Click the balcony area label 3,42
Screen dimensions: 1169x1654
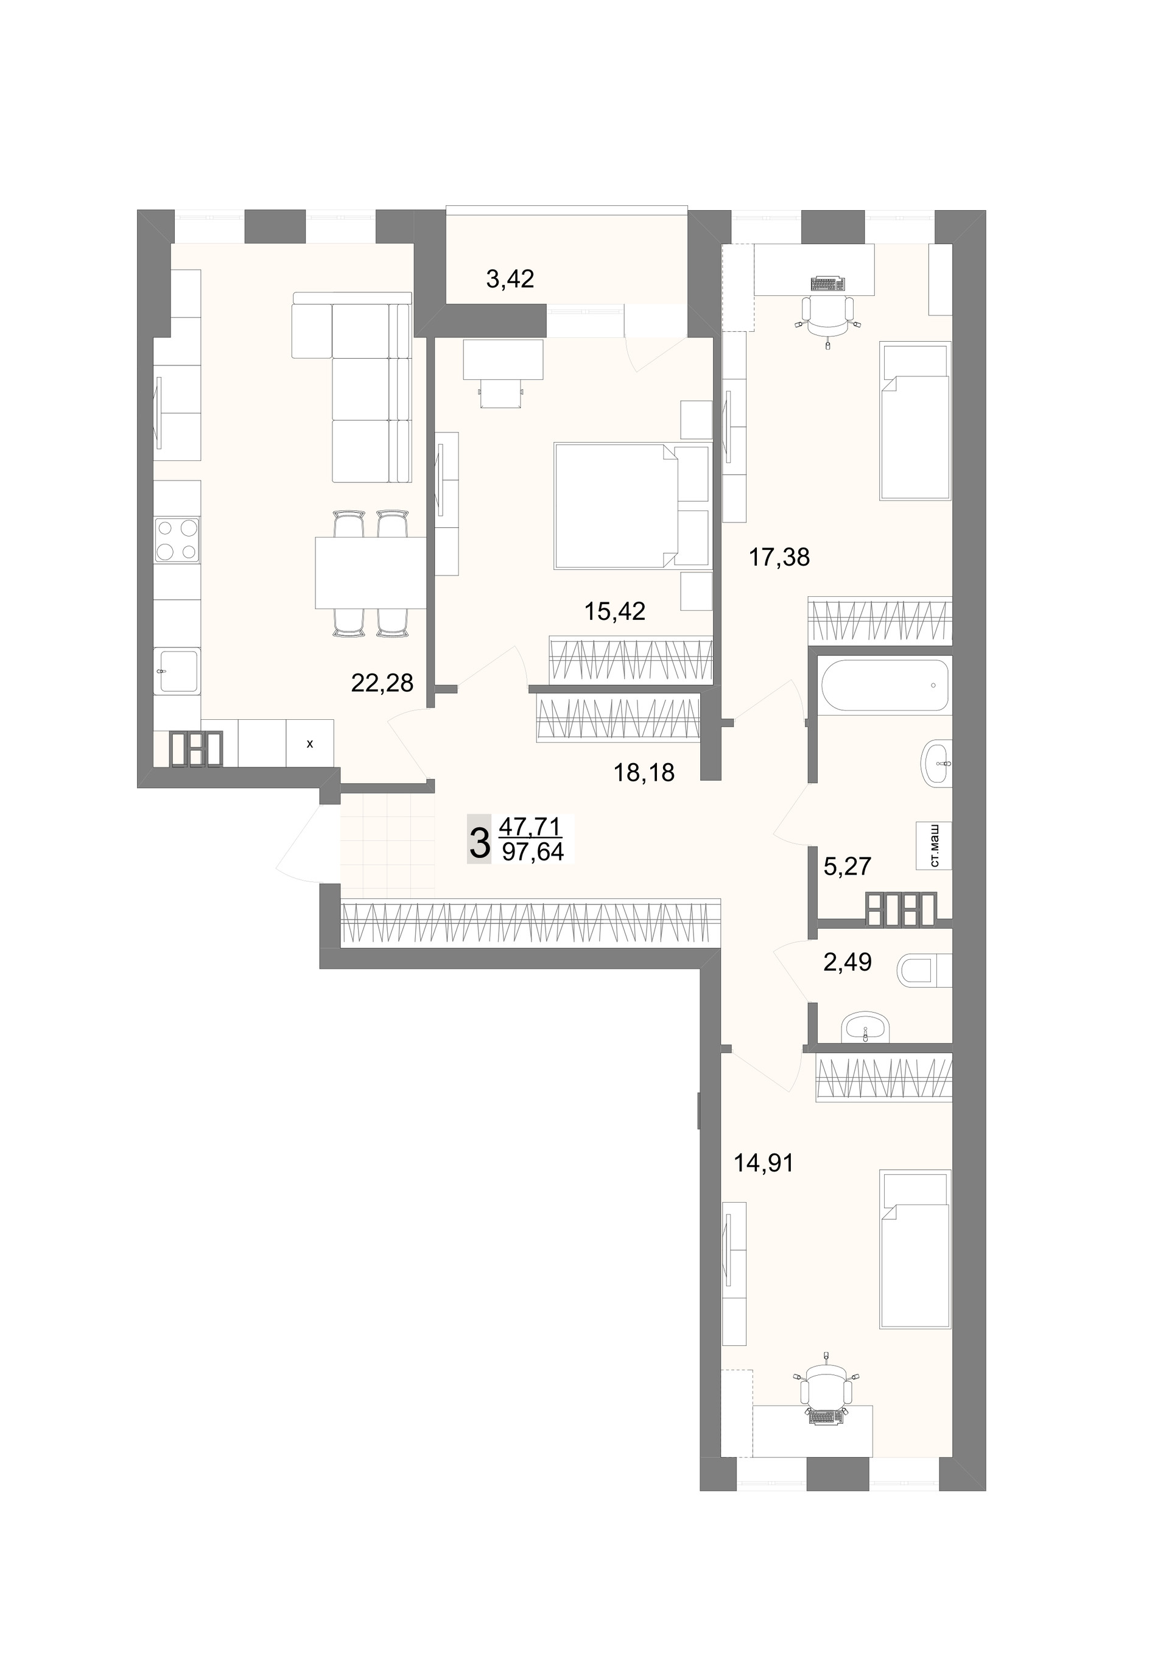510,279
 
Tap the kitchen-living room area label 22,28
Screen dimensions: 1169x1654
382,682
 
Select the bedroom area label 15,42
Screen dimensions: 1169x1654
614,611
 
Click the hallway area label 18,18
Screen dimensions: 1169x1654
644,773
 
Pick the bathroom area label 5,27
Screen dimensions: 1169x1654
847,866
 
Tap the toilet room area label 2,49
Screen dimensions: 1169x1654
847,962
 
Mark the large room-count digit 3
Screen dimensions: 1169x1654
479,839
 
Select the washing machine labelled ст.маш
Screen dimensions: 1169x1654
933,846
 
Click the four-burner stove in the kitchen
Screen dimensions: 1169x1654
177,540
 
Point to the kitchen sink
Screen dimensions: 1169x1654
177,670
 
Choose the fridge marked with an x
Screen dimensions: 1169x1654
310,744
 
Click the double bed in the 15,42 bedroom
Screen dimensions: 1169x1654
631,507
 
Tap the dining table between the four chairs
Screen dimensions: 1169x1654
370,572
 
